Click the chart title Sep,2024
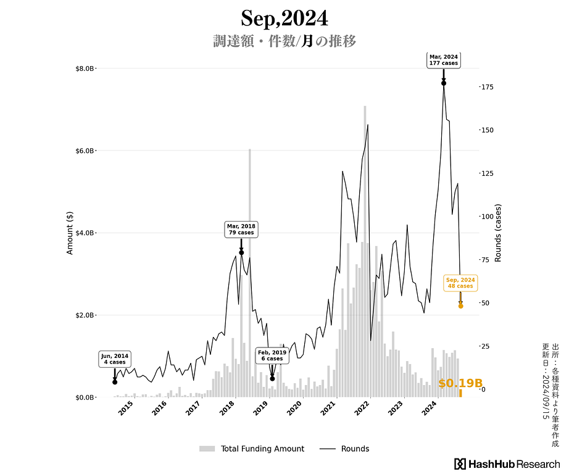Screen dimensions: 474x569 tap(284, 18)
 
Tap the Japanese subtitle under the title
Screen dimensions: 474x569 tap(284, 42)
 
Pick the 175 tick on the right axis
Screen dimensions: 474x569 tap(487, 87)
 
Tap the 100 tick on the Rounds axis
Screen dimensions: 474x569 tap(487, 217)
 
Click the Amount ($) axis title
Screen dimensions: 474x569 tap(70, 233)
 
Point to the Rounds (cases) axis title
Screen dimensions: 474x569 tap(498, 233)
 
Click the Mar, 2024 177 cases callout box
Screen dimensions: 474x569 tap(444, 60)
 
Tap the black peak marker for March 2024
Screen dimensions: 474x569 tap(444, 83)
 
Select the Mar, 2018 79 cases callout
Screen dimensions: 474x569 tap(241, 230)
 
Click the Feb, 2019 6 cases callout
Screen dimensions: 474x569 tap(272, 355)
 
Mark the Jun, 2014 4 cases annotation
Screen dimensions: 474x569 tap(115, 359)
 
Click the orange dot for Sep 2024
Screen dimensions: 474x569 tap(460, 306)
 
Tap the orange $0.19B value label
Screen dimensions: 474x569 tap(460, 383)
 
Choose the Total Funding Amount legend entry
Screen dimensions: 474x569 tap(252, 449)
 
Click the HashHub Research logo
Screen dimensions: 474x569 tap(507, 464)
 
